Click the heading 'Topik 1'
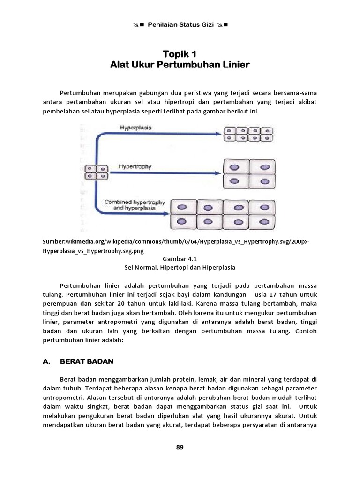pos(180,54)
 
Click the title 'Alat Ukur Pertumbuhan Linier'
pos(180,65)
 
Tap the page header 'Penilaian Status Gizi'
pos(180,24)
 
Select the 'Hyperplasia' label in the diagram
pos(135,127)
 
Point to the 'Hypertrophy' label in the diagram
pos(135,166)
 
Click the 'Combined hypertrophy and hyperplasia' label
pos(135,205)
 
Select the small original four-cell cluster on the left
pos(97,172)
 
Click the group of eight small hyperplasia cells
pos(247,134)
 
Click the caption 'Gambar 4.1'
pos(180,258)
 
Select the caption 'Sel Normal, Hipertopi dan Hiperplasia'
pos(180,267)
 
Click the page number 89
pos(180,447)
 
